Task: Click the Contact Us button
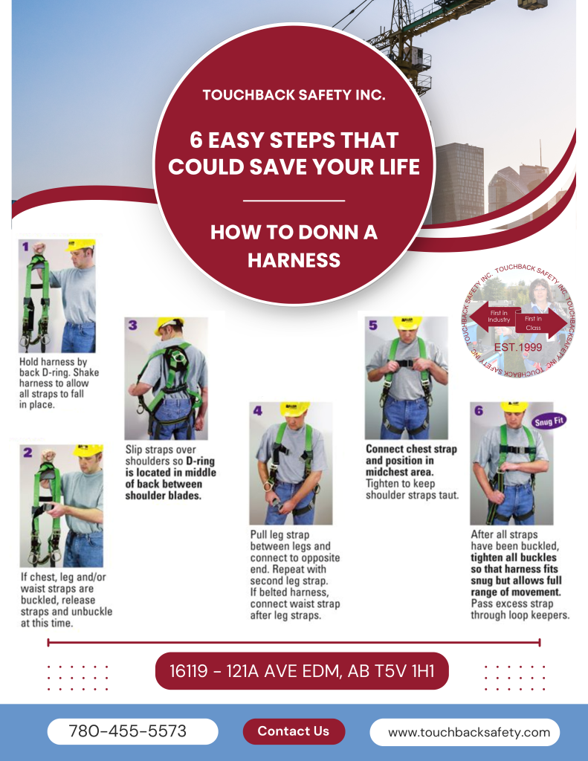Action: tap(294, 731)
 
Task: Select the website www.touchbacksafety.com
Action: tap(469, 732)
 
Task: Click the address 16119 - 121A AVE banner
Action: tap(301, 671)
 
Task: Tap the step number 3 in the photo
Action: tap(132, 325)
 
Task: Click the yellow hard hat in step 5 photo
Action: tap(407, 322)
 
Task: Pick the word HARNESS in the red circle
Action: tap(294, 259)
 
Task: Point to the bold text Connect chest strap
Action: tap(411, 450)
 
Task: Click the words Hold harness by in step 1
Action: tap(51, 363)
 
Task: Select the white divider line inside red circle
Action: tap(294, 200)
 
